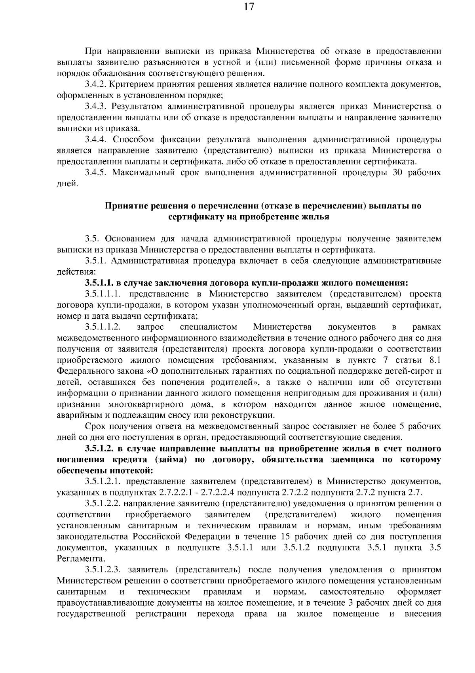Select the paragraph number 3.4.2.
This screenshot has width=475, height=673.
point(95,84)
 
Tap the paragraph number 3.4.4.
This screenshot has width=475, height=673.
point(96,140)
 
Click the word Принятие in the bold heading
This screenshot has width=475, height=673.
point(122,206)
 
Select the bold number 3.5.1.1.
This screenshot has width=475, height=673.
point(99,283)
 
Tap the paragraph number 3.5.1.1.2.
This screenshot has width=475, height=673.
point(103,327)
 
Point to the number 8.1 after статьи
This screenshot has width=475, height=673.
point(434,360)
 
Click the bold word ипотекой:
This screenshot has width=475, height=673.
point(133,470)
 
